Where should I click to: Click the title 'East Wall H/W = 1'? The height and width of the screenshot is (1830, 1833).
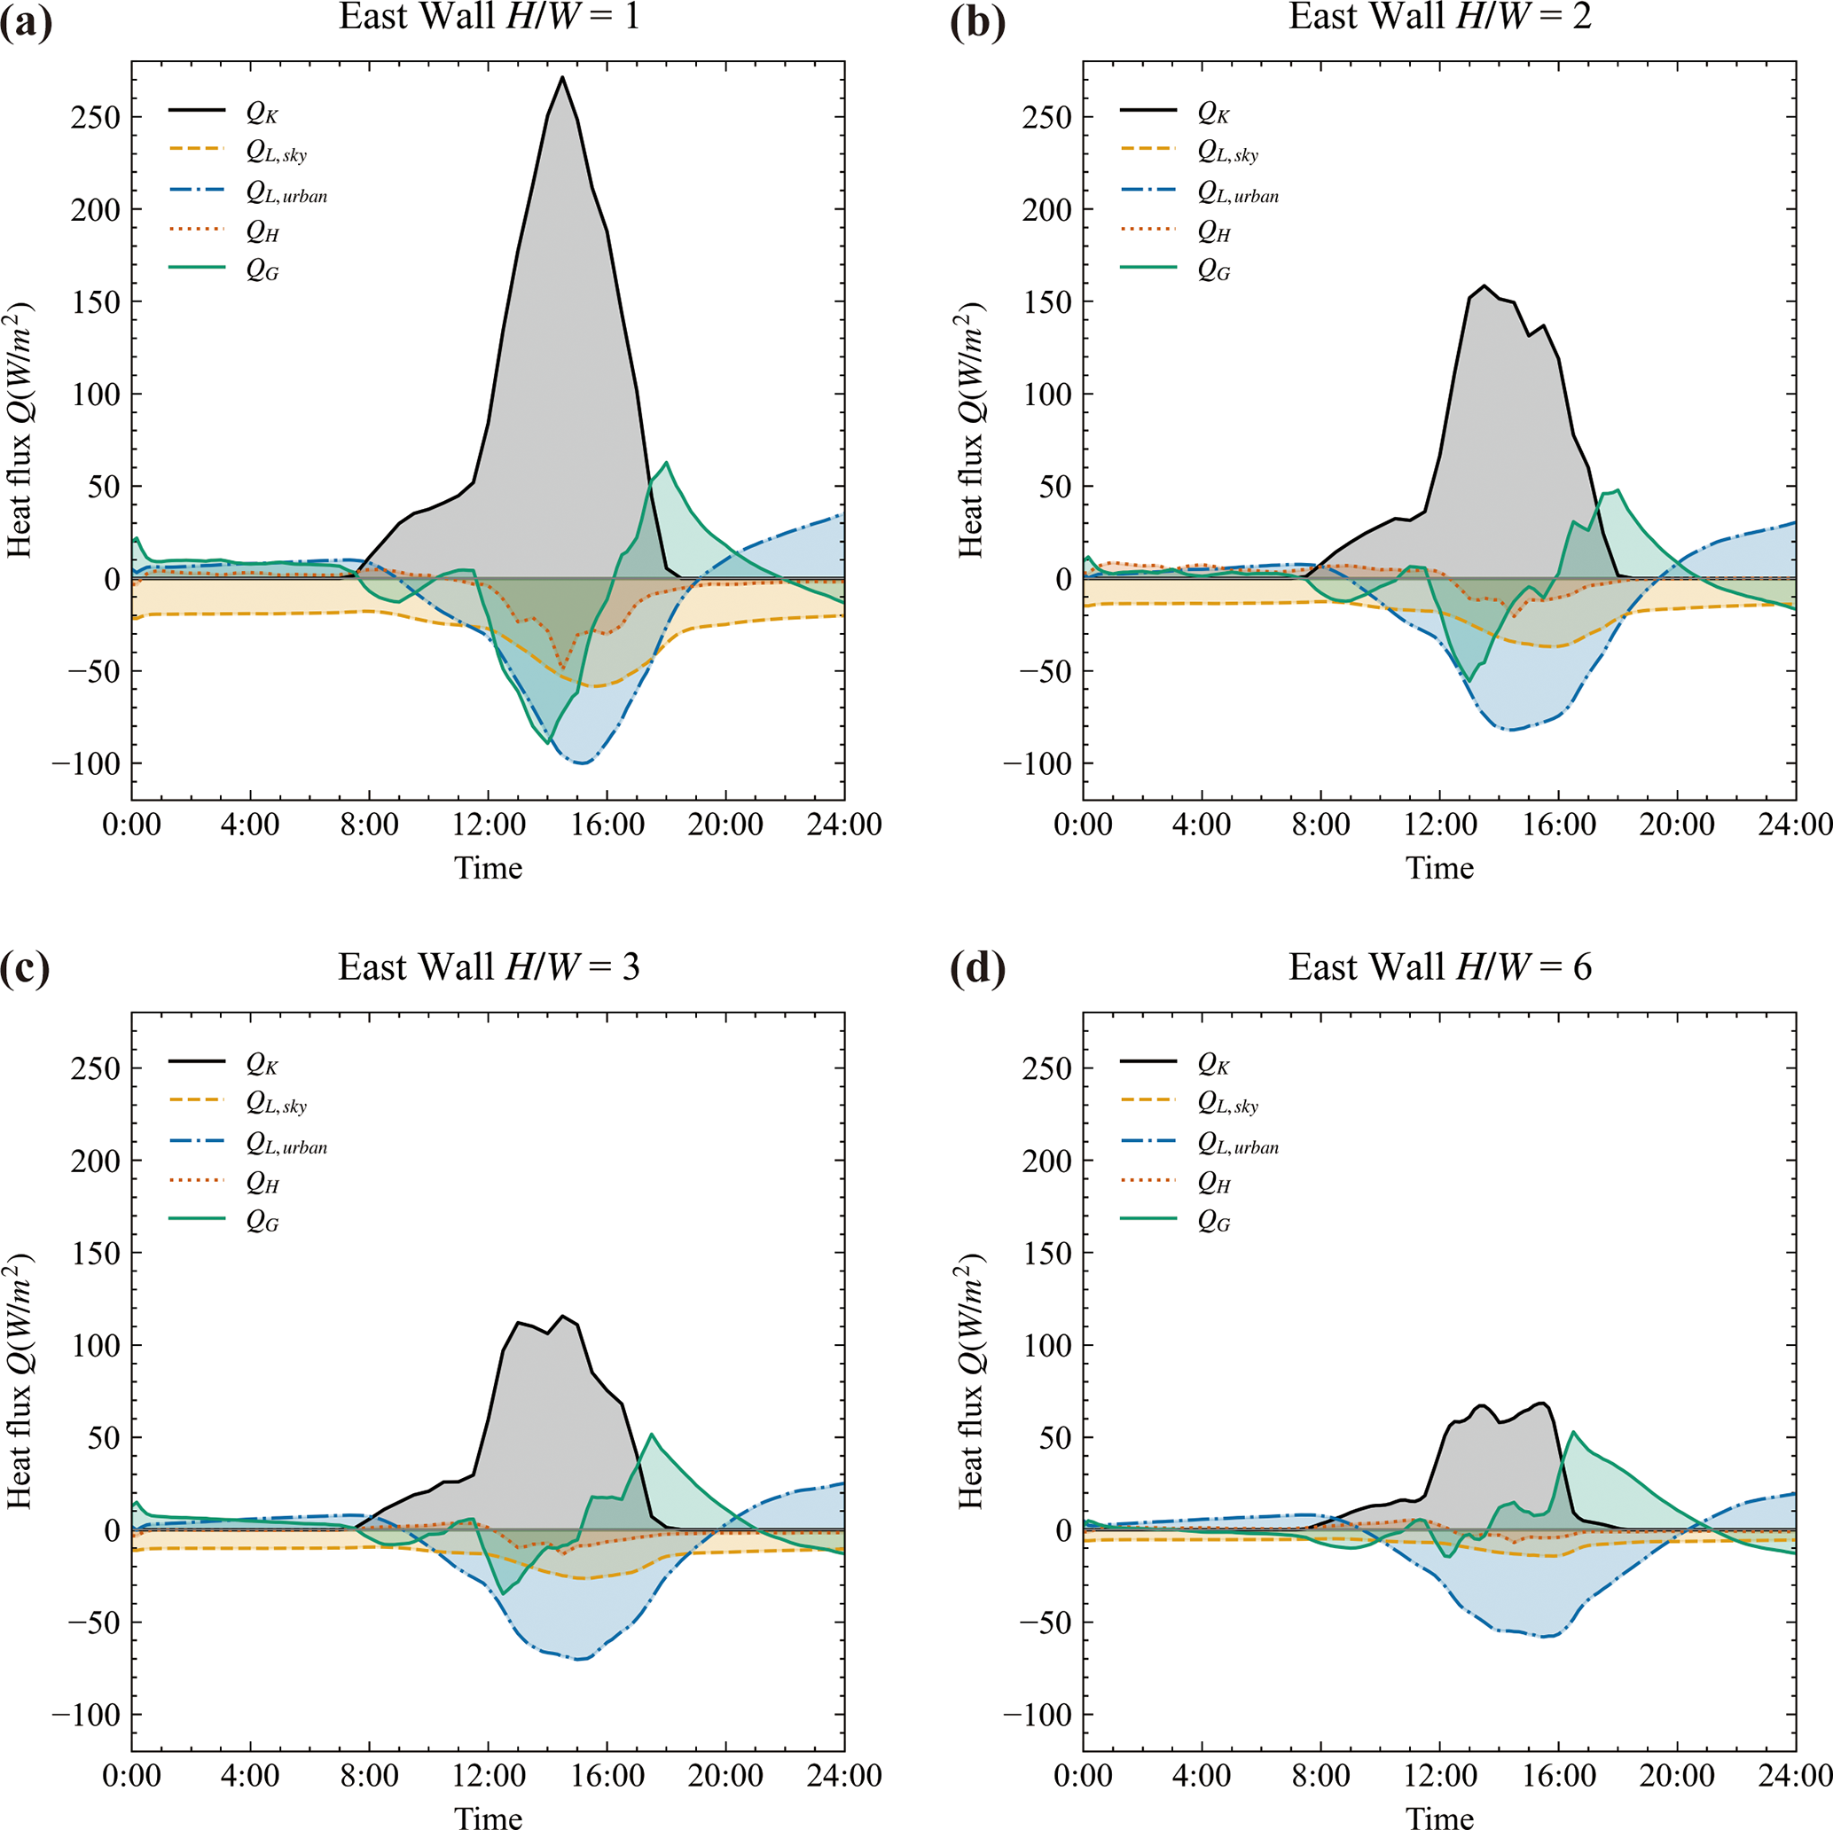coord(489,17)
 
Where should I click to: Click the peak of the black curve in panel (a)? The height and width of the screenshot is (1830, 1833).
coord(561,77)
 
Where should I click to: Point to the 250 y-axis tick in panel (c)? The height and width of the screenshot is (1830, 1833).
coord(96,1068)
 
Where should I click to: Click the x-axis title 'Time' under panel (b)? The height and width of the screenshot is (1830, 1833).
coord(1439,868)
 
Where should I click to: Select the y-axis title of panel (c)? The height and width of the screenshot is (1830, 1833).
coord(21,1381)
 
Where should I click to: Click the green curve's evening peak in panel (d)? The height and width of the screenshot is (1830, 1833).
coord(1573,1433)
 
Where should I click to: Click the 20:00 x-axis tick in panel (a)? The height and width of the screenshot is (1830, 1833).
coord(725,825)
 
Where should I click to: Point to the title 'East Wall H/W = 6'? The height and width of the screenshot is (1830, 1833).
coord(1439,967)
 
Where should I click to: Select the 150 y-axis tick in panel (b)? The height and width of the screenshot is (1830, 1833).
coord(1046,301)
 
